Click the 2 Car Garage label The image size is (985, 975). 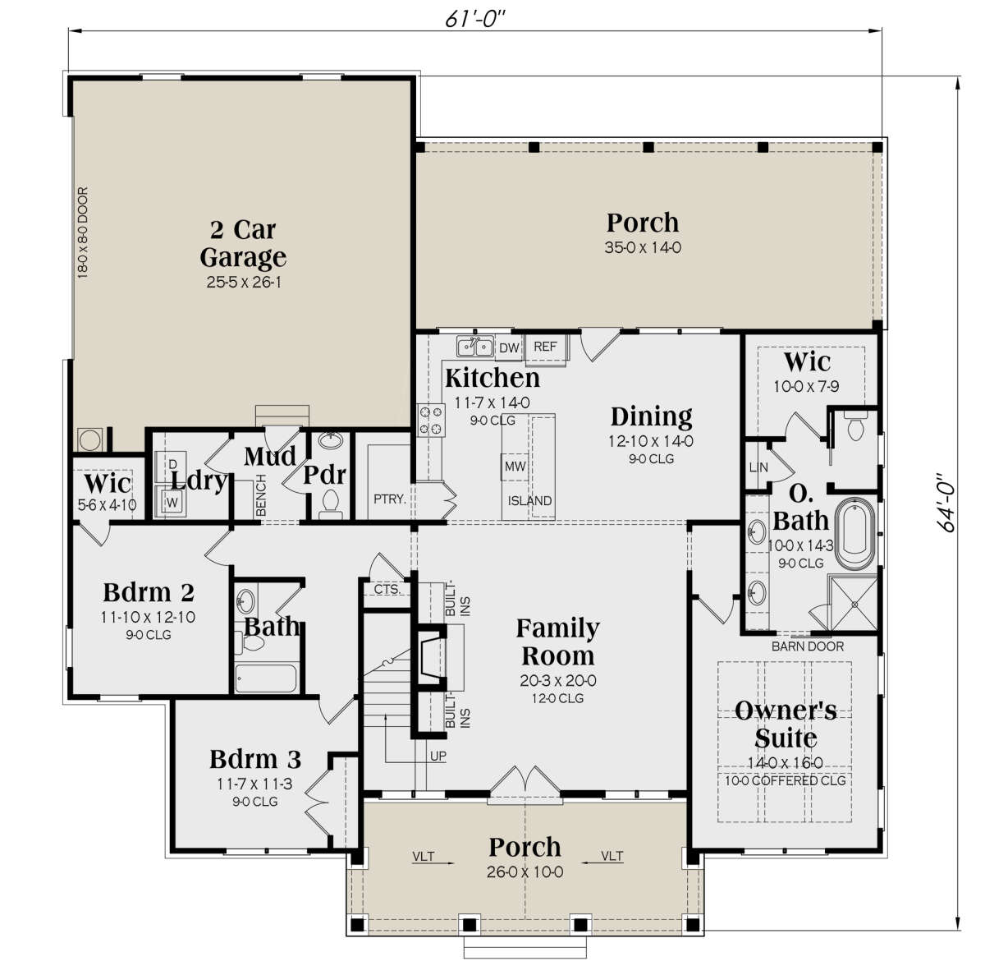(243, 243)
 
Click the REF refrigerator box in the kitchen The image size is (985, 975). (545, 347)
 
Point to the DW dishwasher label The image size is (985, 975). (510, 348)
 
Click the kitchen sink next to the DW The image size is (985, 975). (475, 347)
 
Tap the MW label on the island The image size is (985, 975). (515, 467)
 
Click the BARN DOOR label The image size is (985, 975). (807, 646)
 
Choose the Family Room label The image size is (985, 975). (557, 642)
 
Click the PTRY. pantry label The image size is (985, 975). (390, 499)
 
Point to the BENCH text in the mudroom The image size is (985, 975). (261, 495)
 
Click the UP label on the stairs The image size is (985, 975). (438, 756)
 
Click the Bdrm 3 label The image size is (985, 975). (254, 757)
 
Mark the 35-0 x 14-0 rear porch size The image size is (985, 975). (643, 247)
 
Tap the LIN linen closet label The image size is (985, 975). (758, 467)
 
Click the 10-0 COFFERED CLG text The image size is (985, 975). (785, 780)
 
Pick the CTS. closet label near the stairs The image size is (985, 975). (387, 589)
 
